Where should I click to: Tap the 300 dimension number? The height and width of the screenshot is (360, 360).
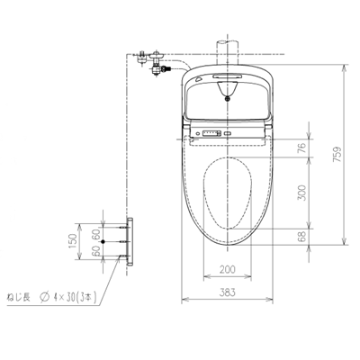[x=301, y=191]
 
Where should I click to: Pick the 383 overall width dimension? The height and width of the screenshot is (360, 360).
[x=226, y=292]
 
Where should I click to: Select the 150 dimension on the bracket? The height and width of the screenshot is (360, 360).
[x=75, y=242]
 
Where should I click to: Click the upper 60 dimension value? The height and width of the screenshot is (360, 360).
[x=94, y=233]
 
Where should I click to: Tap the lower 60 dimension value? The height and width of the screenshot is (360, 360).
[x=94, y=252]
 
